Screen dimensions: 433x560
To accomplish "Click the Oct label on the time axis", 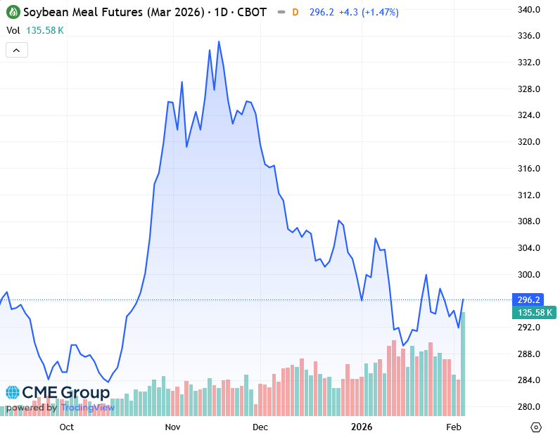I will click(67, 426).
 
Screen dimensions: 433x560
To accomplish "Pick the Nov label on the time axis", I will click(172, 426).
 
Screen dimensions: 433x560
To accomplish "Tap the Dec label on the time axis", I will click(260, 426).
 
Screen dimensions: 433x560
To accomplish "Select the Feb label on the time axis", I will click(454, 426).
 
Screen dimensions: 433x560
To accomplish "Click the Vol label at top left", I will click(13, 30).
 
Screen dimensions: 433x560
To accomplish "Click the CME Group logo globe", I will click(13, 392).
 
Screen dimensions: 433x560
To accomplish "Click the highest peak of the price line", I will click(219, 41).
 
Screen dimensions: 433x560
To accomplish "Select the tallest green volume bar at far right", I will click(463, 363).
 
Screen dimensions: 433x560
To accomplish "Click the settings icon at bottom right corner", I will click(537, 426).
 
